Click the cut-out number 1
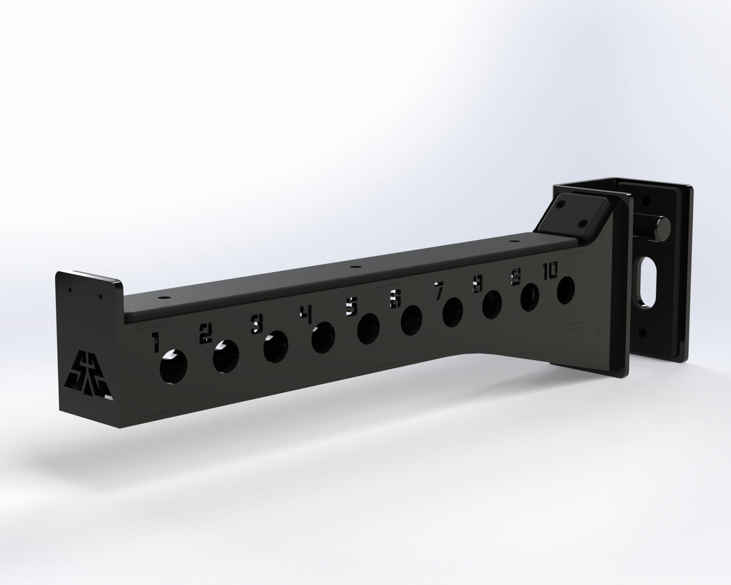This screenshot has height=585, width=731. pyautogui.click(x=156, y=342)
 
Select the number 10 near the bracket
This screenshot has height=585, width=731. pyautogui.click(x=550, y=272)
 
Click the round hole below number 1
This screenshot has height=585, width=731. pyautogui.click(x=173, y=366)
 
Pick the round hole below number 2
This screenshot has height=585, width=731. pyautogui.click(x=226, y=357)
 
